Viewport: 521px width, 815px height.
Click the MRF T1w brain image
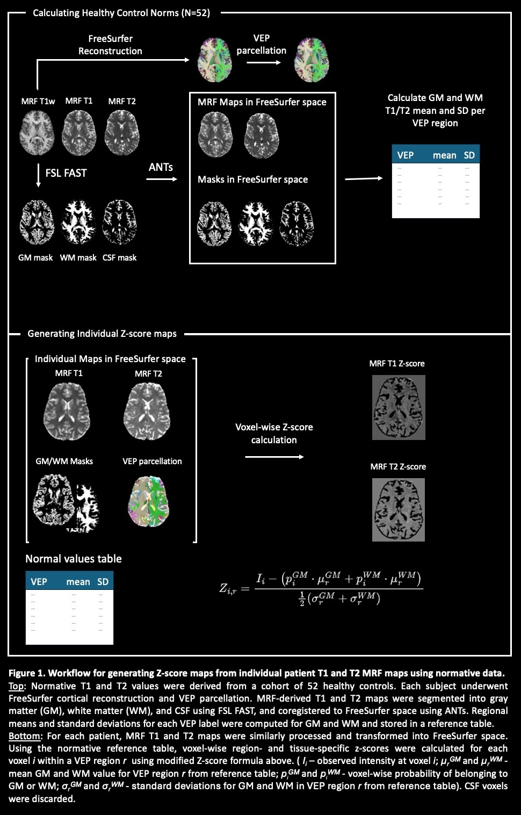click(x=37, y=133)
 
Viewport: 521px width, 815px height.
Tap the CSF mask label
click(x=120, y=257)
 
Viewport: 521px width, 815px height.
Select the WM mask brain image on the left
click(x=78, y=222)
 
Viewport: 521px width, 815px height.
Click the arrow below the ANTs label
click(x=162, y=179)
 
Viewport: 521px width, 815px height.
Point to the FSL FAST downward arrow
click(x=38, y=175)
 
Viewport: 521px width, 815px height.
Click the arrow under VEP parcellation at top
click(x=264, y=62)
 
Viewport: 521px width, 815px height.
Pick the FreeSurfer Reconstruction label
click(x=110, y=45)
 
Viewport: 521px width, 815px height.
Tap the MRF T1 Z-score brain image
click(x=399, y=407)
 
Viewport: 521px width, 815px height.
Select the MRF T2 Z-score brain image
click(x=399, y=510)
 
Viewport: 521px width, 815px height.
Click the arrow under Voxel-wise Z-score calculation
click(x=274, y=457)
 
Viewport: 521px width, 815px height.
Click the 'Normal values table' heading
click(x=74, y=559)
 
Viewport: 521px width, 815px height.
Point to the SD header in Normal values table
click(x=103, y=582)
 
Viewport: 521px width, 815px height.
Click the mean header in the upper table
click(x=445, y=155)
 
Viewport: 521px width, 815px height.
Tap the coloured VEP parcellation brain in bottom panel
click(x=149, y=501)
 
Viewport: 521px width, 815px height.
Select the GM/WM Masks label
click(x=64, y=461)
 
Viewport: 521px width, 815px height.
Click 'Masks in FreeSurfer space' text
click(x=253, y=179)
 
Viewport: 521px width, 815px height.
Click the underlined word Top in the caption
click(x=16, y=687)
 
